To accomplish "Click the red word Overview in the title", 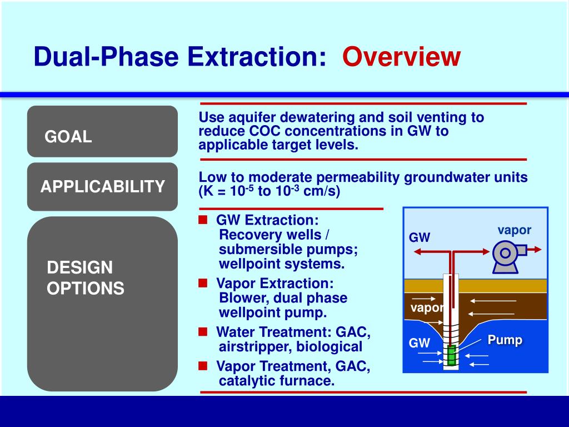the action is pos(401,57).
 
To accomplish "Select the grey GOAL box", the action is pos(102,131).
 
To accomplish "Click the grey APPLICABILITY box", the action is pos(102,187).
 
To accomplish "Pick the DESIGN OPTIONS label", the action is pos(85,278).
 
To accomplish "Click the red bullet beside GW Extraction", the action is pos(203,220).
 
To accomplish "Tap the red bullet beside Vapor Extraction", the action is pos(203,283).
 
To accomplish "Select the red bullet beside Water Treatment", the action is pos(203,331).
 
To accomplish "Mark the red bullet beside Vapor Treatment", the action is pos(203,366).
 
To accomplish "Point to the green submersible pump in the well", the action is pos(451,355).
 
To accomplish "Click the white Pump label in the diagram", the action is pos(505,340).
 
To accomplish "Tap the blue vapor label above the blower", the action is pos(514,230).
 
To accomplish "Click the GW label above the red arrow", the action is pos(419,237).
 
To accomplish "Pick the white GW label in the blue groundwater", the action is pos(419,342).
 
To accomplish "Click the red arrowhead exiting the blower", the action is pos(538,250).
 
